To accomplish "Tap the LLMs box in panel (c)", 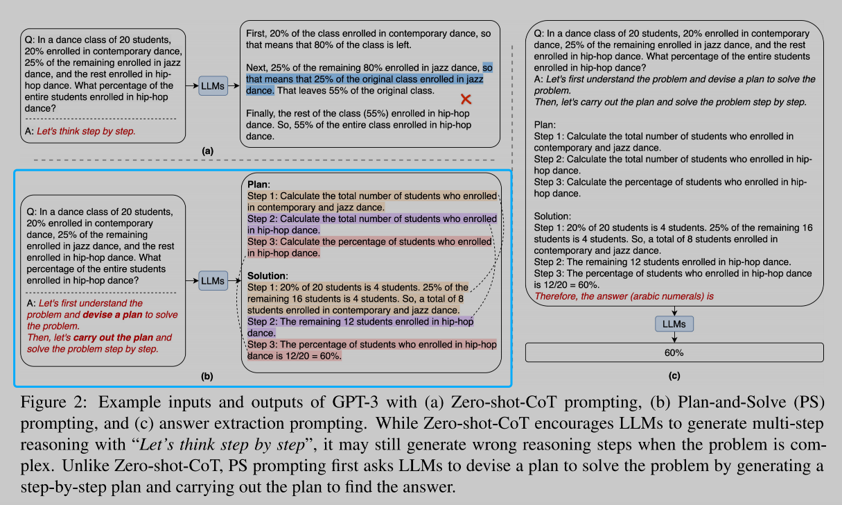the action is point(674,323).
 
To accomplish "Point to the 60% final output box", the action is point(674,352).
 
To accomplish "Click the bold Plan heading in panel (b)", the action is point(260,185).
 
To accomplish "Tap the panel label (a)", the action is point(207,151).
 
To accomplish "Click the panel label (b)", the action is point(207,377).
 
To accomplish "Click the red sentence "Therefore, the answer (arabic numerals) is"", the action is point(624,296).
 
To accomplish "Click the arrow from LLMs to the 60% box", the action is point(674,337).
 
